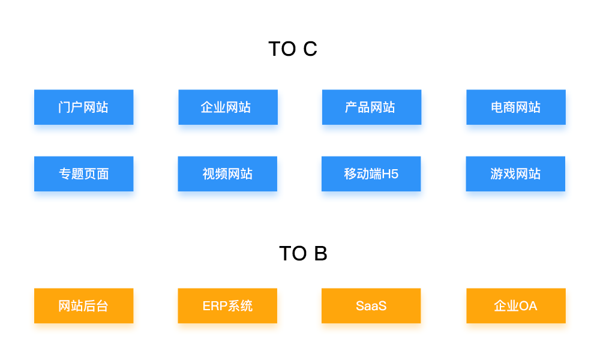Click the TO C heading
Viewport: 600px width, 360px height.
point(292,49)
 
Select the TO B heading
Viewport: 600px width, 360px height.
point(303,253)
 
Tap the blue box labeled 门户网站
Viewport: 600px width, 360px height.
point(83,107)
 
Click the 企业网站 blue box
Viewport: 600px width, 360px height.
point(228,107)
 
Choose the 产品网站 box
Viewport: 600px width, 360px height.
point(371,107)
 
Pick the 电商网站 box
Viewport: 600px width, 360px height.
point(516,107)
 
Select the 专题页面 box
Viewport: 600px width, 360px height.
point(83,174)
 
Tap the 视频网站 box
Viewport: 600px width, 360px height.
point(227,174)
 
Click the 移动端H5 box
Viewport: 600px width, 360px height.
point(371,174)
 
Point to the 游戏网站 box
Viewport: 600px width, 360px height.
point(515,174)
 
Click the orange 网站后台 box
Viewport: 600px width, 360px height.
point(83,306)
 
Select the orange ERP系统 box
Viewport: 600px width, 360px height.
point(227,306)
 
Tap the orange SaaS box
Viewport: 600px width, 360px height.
point(371,306)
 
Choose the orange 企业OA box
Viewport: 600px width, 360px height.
point(516,306)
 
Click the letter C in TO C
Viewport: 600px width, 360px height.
point(310,49)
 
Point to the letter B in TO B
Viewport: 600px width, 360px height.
point(320,253)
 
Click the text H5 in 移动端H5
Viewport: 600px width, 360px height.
point(391,174)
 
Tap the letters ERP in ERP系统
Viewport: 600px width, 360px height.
point(213,306)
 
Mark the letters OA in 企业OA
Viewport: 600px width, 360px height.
point(528,306)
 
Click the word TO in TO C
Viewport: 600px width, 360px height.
point(282,49)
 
